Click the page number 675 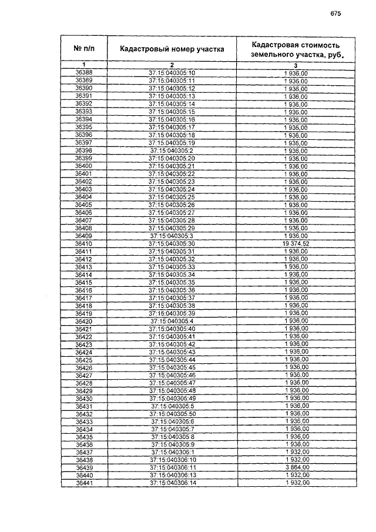pyautogui.click(x=335, y=14)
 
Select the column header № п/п pyautogui.click(x=84, y=49)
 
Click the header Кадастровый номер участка pyautogui.click(x=172, y=49)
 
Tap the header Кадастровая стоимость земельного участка pyautogui.click(x=295, y=49)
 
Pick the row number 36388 pyautogui.click(x=84, y=72)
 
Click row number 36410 pyautogui.click(x=84, y=243)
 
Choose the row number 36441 pyautogui.click(x=85, y=483)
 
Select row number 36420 pyautogui.click(x=84, y=321)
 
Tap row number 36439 pyautogui.click(x=85, y=467)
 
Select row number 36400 pyautogui.click(x=84, y=166)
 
